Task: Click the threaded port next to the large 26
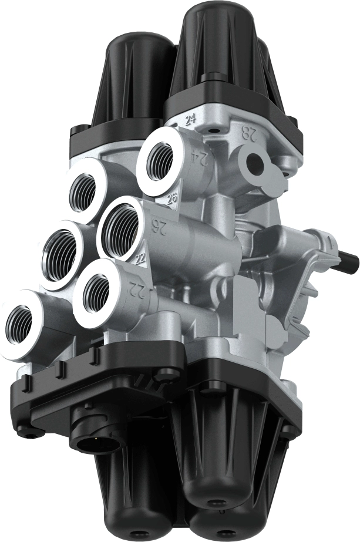[120, 226]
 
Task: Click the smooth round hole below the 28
[257, 163]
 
